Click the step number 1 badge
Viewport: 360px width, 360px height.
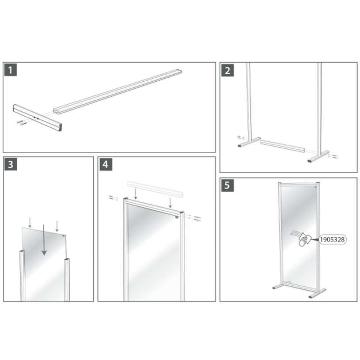click(x=11, y=70)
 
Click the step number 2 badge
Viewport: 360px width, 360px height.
click(x=227, y=70)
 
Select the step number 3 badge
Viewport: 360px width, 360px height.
click(x=11, y=164)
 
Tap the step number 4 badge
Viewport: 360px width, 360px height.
click(x=105, y=164)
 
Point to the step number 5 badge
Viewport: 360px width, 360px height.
click(x=227, y=186)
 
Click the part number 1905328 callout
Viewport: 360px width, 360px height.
click(x=332, y=239)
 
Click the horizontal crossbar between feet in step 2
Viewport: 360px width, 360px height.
click(x=282, y=145)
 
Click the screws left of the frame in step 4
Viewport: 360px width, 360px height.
click(x=112, y=197)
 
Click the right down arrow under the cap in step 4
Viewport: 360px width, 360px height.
click(x=171, y=202)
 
